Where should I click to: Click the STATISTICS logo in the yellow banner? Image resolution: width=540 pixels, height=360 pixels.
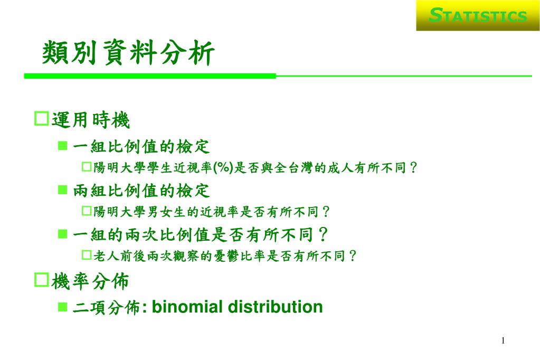pyautogui.click(x=478, y=15)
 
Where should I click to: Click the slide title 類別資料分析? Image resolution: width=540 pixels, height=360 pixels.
pyautogui.click(x=128, y=53)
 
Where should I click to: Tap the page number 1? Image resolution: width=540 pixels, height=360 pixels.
pyautogui.click(x=503, y=340)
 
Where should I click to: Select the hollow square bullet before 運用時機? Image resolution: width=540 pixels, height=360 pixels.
pyautogui.click(x=42, y=119)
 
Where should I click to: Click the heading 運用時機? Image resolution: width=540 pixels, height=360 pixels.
pyautogui.click(x=91, y=120)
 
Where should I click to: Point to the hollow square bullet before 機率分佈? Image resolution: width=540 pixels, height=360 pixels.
pyautogui.click(x=42, y=280)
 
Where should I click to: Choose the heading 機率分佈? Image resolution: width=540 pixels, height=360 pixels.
pyautogui.click(x=90, y=281)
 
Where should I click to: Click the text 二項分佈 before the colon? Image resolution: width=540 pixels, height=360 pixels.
pyautogui.click(x=107, y=307)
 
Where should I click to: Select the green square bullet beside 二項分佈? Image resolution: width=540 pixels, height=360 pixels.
pyautogui.click(x=63, y=307)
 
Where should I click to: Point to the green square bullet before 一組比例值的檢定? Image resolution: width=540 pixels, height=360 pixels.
pyautogui.click(x=63, y=146)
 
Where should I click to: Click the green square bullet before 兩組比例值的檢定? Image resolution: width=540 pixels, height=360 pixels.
pyautogui.click(x=63, y=190)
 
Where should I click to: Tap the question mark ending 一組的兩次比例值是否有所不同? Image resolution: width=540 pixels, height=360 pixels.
pyautogui.click(x=323, y=235)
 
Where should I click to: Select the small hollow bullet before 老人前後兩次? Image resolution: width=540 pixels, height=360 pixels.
pyautogui.click(x=86, y=255)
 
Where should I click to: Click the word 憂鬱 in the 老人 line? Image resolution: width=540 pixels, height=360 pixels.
pyautogui.click(x=226, y=256)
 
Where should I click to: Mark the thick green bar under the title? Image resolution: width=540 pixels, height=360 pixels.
pyautogui.click(x=150, y=76)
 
